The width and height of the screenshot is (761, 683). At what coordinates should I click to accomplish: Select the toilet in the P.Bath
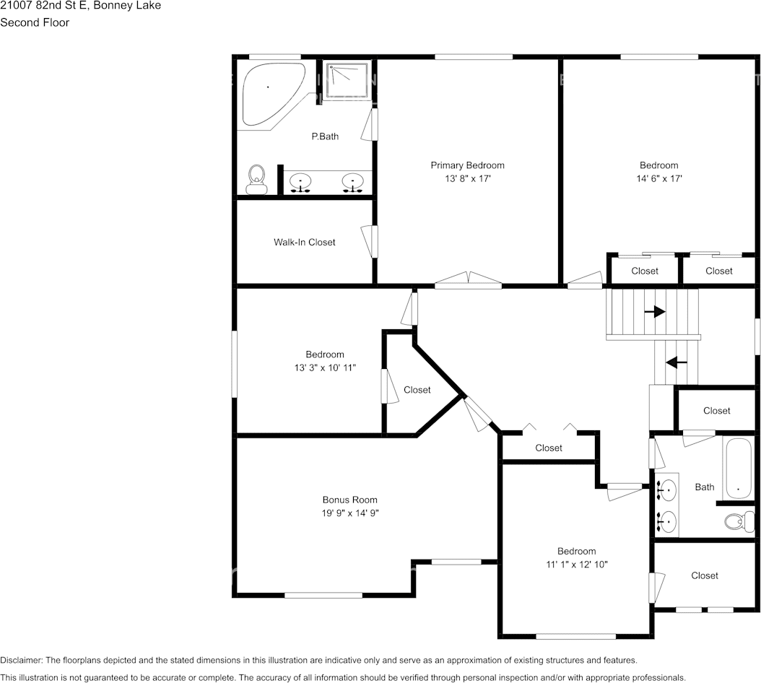coord(256,179)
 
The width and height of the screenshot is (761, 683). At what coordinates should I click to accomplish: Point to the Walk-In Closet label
coord(304,243)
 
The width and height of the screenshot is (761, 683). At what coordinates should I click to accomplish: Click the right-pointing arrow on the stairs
coord(655,312)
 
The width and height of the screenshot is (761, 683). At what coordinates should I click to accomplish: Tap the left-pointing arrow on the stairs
coord(676,362)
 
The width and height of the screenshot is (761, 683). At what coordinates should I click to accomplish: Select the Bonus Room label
coord(349,500)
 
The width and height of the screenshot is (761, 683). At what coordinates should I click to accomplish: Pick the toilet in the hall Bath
coord(737,521)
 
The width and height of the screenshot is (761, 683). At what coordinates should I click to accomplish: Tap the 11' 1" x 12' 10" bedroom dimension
coord(576,564)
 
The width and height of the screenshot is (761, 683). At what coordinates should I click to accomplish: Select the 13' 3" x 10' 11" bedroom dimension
coord(324,367)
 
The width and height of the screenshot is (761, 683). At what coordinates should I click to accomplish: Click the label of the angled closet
coord(417,390)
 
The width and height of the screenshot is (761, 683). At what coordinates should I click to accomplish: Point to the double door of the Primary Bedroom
coord(468,280)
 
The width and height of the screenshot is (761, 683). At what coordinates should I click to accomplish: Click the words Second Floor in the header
coord(35,22)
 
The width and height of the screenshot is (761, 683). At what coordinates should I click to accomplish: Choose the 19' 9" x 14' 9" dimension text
coord(349,513)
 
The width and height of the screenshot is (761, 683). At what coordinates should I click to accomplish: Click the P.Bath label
coord(325,136)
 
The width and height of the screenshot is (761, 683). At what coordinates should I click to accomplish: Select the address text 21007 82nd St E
coord(45,6)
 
